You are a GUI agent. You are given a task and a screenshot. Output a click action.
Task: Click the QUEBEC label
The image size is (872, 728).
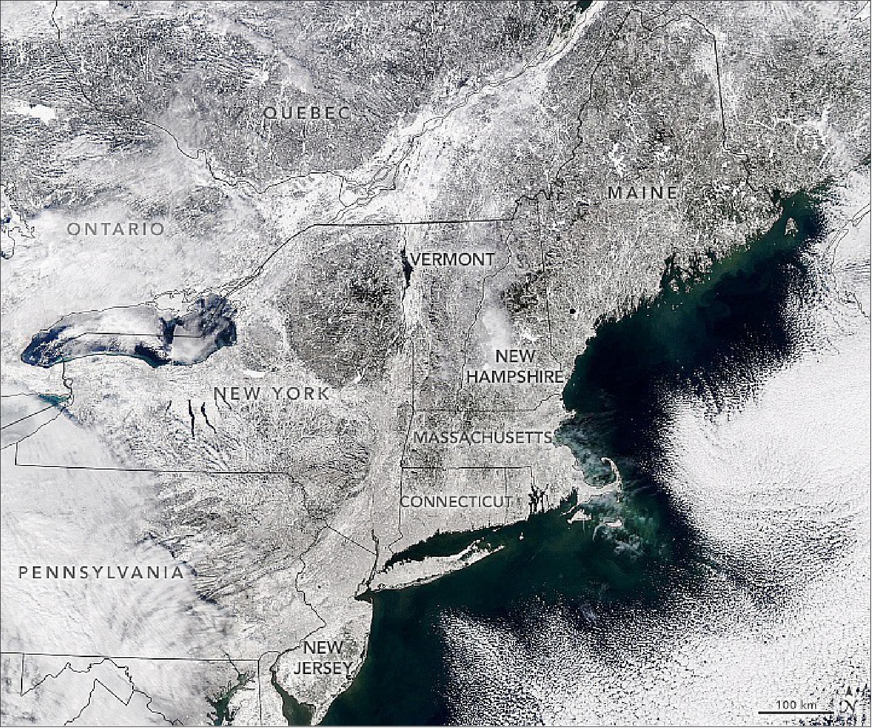click(307, 113)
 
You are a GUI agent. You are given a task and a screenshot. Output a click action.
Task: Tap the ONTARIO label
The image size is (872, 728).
click(116, 229)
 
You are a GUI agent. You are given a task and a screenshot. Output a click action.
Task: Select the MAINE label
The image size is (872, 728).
click(643, 192)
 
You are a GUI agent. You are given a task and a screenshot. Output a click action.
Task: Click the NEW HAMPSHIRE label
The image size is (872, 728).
click(515, 366)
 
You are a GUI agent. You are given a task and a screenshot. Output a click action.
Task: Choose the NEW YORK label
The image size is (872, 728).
click(271, 393)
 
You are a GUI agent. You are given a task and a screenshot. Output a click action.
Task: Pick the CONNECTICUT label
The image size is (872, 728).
click(456, 501)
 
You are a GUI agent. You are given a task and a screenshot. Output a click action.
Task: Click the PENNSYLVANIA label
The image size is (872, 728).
click(101, 572)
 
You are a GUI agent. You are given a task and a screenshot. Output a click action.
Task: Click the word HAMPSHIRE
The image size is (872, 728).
click(515, 376)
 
